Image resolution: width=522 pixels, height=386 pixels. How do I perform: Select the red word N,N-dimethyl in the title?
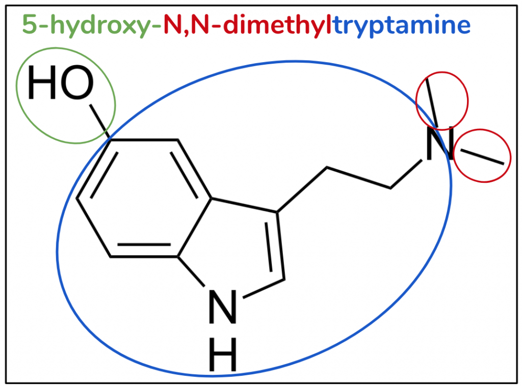click(247, 25)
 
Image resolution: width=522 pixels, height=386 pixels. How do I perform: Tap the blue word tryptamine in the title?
click(402, 25)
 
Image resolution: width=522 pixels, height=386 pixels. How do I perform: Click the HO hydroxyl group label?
click(61, 82)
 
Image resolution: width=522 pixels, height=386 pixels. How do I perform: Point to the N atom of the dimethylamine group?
click(439, 144)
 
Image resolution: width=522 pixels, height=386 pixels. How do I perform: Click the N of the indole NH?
click(222, 307)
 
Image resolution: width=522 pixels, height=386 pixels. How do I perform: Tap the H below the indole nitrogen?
click(222, 354)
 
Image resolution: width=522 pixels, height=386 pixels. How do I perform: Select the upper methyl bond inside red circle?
click(432, 102)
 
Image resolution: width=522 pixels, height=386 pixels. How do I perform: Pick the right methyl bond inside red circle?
click(482, 157)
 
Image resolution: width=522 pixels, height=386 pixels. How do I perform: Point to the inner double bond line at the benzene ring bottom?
click(144, 245)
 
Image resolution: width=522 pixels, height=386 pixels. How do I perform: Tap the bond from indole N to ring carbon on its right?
click(264, 288)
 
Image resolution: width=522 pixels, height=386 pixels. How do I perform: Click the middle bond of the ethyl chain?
click(358, 178)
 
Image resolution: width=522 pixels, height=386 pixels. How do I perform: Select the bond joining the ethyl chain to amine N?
click(406, 174)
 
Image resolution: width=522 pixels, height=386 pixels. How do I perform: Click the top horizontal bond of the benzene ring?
click(144, 140)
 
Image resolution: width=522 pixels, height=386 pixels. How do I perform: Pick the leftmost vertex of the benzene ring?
click(77, 199)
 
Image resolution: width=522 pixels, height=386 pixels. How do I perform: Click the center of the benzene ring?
click(144, 199)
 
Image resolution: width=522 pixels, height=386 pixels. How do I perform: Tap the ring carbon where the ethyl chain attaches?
click(277, 212)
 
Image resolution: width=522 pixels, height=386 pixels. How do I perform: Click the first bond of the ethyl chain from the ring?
click(302, 189)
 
